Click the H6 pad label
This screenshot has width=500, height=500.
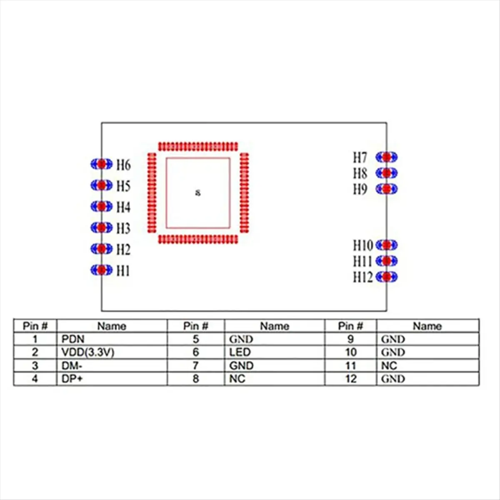pos(123,165)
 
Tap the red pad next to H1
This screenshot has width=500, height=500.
pos(101,270)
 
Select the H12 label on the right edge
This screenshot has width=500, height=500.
pos(362,277)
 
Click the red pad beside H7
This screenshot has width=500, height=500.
pos(387,157)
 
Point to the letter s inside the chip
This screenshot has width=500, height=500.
pos(198,192)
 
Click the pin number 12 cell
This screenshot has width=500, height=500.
pos(351,379)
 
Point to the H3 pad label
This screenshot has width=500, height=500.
pos(123,228)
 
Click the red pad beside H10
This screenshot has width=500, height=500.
pos(387,245)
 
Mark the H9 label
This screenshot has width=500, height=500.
pos(360,189)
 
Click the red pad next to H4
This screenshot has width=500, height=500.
pos(101,206)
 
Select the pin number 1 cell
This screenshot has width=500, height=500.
pos(35,339)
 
